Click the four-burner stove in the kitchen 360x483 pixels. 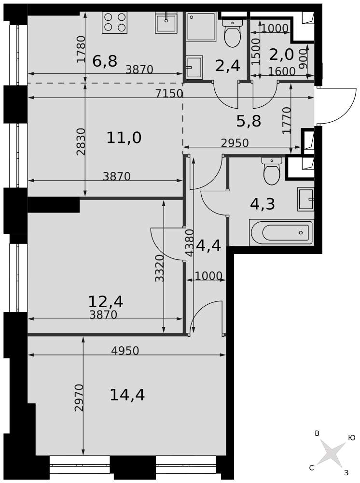(114, 23)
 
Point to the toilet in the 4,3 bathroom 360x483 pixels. (272, 171)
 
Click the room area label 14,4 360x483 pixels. (127, 395)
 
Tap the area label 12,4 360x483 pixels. (106, 301)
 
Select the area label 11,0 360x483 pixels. (124, 137)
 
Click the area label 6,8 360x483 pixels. (105, 61)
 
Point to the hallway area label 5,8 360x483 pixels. (249, 121)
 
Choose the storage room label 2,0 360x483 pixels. (281, 55)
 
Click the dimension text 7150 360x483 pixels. (169, 93)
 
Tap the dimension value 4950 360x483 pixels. (125, 351)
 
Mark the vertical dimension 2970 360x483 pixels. (79, 398)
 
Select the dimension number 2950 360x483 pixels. (235, 143)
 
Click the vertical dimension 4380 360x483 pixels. (190, 243)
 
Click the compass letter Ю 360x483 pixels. (352, 438)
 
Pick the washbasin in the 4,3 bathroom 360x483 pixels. (305, 199)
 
